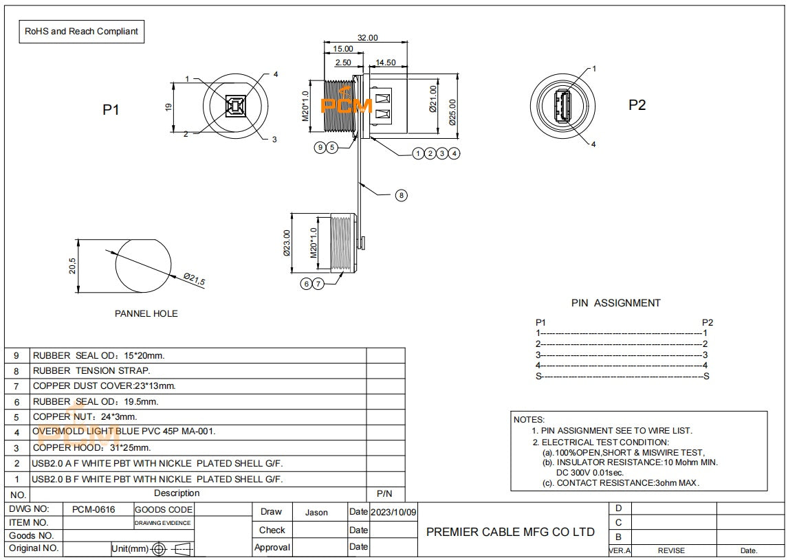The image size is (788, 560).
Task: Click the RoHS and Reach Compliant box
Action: pyautogui.click(x=81, y=32)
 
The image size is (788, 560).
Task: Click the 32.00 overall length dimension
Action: pyautogui.click(x=367, y=38)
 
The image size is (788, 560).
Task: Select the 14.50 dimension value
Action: pyautogui.click(x=386, y=63)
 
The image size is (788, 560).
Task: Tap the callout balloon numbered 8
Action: pyautogui.click(x=402, y=195)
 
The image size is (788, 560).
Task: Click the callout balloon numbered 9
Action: pyautogui.click(x=320, y=147)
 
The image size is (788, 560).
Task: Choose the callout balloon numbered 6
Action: pyautogui.click(x=307, y=283)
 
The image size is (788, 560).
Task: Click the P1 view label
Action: pyautogui.click(x=111, y=109)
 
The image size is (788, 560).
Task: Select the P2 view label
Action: pyautogui.click(x=637, y=104)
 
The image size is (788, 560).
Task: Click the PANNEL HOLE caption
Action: pyautogui.click(x=146, y=313)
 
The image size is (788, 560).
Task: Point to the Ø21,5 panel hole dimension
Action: pyautogui.click(x=194, y=280)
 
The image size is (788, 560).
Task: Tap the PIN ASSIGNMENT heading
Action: pyautogui.click(x=616, y=302)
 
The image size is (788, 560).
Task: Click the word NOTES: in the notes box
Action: pyautogui.click(x=529, y=419)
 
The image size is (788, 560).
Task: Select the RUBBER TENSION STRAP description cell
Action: pyautogui.click(x=91, y=370)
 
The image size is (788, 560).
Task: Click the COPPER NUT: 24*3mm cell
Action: pyautogui.click(x=85, y=416)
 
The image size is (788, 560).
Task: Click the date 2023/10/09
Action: pyautogui.click(x=393, y=513)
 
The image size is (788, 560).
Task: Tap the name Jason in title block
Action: pyautogui.click(x=316, y=513)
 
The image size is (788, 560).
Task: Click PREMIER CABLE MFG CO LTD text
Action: pyautogui.click(x=510, y=532)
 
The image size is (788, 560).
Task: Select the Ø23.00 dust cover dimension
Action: pyautogui.click(x=287, y=243)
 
